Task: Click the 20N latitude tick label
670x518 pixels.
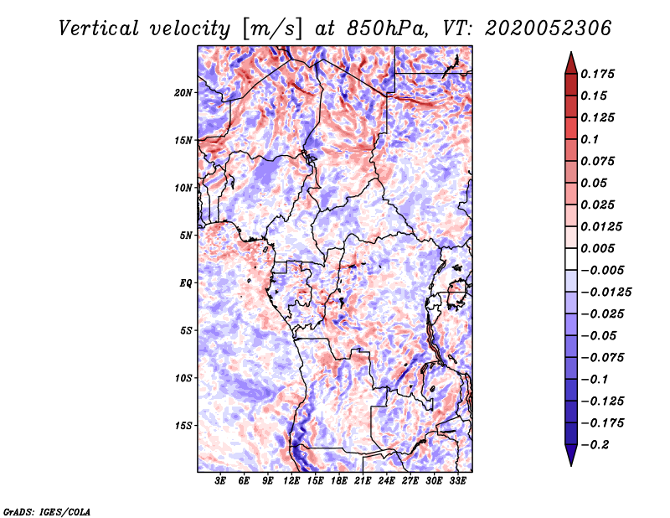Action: pyautogui.click(x=183, y=92)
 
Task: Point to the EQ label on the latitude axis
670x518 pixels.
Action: pyautogui.click(x=186, y=282)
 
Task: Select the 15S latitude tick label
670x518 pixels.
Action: pyautogui.click(x=183, y=425)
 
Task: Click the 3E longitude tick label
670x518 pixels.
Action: pyautogui.click(x=220, y=482)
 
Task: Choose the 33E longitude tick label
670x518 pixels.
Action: pyautogui.click(x=457, y=482)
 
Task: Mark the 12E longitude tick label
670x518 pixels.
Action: pyautogui.click(x=291, y=482)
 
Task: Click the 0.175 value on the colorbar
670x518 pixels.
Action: pyautogui.click(x=600, y=74)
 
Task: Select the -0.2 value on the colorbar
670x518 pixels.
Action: pyautogui.click(x=598, y=444)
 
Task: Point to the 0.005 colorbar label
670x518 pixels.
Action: pyautogui.click(x=600, y=248)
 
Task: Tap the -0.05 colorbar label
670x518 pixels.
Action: pyautogui.click(x=600, y=335)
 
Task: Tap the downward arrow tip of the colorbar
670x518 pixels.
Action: pyautogui.click(x=570, y=464)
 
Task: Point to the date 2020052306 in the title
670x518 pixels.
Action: pyautogui.click(x=536, y=28)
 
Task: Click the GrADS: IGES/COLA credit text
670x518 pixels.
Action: pyautogui.click(x=46, y=510)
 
